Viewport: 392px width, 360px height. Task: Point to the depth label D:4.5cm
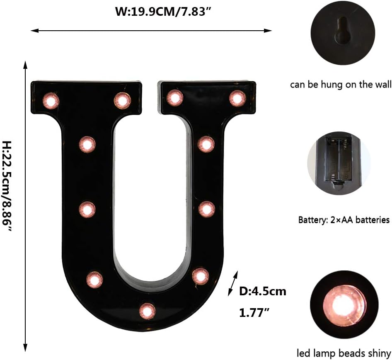click(x=263, y=291)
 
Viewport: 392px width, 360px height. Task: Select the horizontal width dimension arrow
click(x=151, y=30)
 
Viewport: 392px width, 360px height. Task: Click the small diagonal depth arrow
click(x=233, y=284)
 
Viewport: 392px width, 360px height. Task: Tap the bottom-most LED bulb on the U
click(x=147, y=311)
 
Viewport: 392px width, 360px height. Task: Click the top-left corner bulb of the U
click(x=51, y=100)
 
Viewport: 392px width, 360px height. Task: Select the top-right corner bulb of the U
click(x=237, y=98)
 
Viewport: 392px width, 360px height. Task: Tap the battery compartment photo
click(x=339, y=163)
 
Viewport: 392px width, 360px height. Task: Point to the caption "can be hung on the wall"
click(x=340, y=85)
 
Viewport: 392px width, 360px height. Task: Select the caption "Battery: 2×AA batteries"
click(x=344, y=220)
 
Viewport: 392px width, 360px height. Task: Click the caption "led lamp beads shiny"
click(x=344, y=353)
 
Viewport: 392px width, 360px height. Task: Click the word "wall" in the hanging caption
click(x=382, y=85)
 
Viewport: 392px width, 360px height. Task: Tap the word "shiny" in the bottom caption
click(x=379, y=353)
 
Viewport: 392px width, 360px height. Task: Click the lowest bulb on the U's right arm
click(x=200, y=276)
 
